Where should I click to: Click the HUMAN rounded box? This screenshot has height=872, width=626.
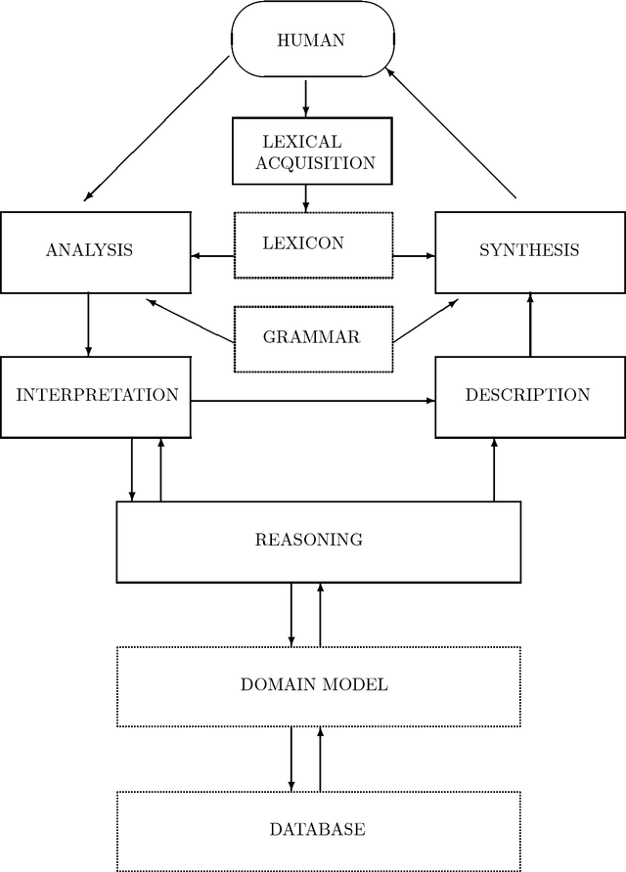tap(312, 40)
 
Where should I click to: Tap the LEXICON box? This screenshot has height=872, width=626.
tap(313, 242)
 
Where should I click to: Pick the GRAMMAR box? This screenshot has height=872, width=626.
tap(313, 338)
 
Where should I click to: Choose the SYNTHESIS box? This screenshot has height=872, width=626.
tap(529, 250)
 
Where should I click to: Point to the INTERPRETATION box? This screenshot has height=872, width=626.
tap(96, 396)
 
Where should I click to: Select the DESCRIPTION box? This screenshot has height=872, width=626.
tap(529, 396)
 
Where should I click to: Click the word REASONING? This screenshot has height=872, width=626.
tap(308, 540)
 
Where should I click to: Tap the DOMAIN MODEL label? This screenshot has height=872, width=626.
tap(314, 684)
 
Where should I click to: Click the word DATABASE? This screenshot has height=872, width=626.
tap(317, 829)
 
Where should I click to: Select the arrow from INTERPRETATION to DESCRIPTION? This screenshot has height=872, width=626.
tap(313, 401)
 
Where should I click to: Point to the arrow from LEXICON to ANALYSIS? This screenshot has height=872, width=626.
tap(212, 256)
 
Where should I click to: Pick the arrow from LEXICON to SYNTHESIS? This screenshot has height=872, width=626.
tap(414, 256)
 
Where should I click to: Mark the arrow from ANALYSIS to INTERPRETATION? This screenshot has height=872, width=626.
tap(89, 325)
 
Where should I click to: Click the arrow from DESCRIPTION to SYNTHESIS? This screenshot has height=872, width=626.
tap(529, 325)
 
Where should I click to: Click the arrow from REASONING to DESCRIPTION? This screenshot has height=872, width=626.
tap(494, 469)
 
